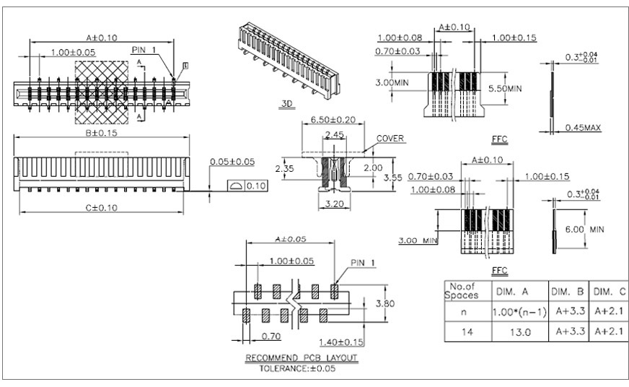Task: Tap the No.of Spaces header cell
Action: (461, 291)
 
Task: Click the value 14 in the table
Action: (461, 332)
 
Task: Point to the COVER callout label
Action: (390, 139)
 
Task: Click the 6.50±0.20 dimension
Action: (333, 119)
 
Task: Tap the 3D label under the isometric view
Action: (286, 104)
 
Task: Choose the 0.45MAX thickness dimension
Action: (583, 128)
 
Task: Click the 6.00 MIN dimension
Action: (586, 229)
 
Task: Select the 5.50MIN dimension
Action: (503, 88)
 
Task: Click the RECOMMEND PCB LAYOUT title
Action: (302, 358)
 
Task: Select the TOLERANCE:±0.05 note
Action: (302, 368)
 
